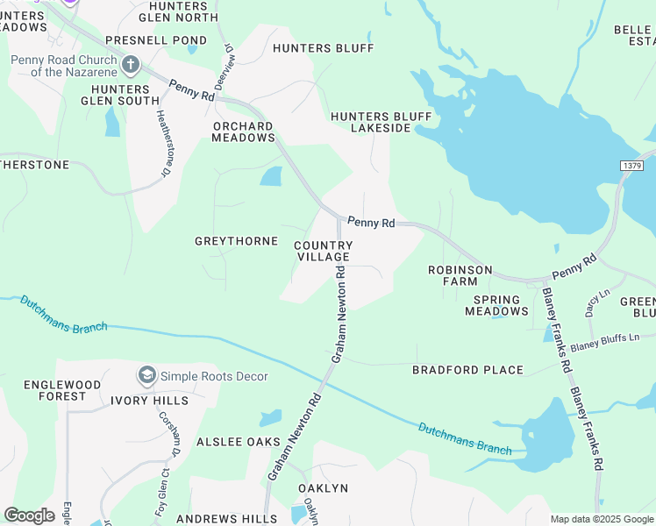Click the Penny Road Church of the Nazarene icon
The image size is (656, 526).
(131, 64)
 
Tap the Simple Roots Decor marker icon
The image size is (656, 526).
(147, 376)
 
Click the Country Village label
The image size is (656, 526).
(323, 252)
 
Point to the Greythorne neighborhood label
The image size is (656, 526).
(236, 241)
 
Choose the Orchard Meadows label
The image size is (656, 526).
(244, 131)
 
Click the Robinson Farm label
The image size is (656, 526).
(460, 275)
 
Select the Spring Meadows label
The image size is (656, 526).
(492, 305)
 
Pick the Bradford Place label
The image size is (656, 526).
(468, 370)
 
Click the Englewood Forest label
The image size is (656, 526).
(55, 390)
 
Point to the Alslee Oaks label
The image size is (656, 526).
(238, 442)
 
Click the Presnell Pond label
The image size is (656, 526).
(156, 40)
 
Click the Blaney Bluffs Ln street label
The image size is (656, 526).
(612, 341)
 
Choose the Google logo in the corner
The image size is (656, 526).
(29, 515)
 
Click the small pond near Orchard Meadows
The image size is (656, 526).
(271, 177)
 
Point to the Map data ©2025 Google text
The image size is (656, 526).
(602, 519)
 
